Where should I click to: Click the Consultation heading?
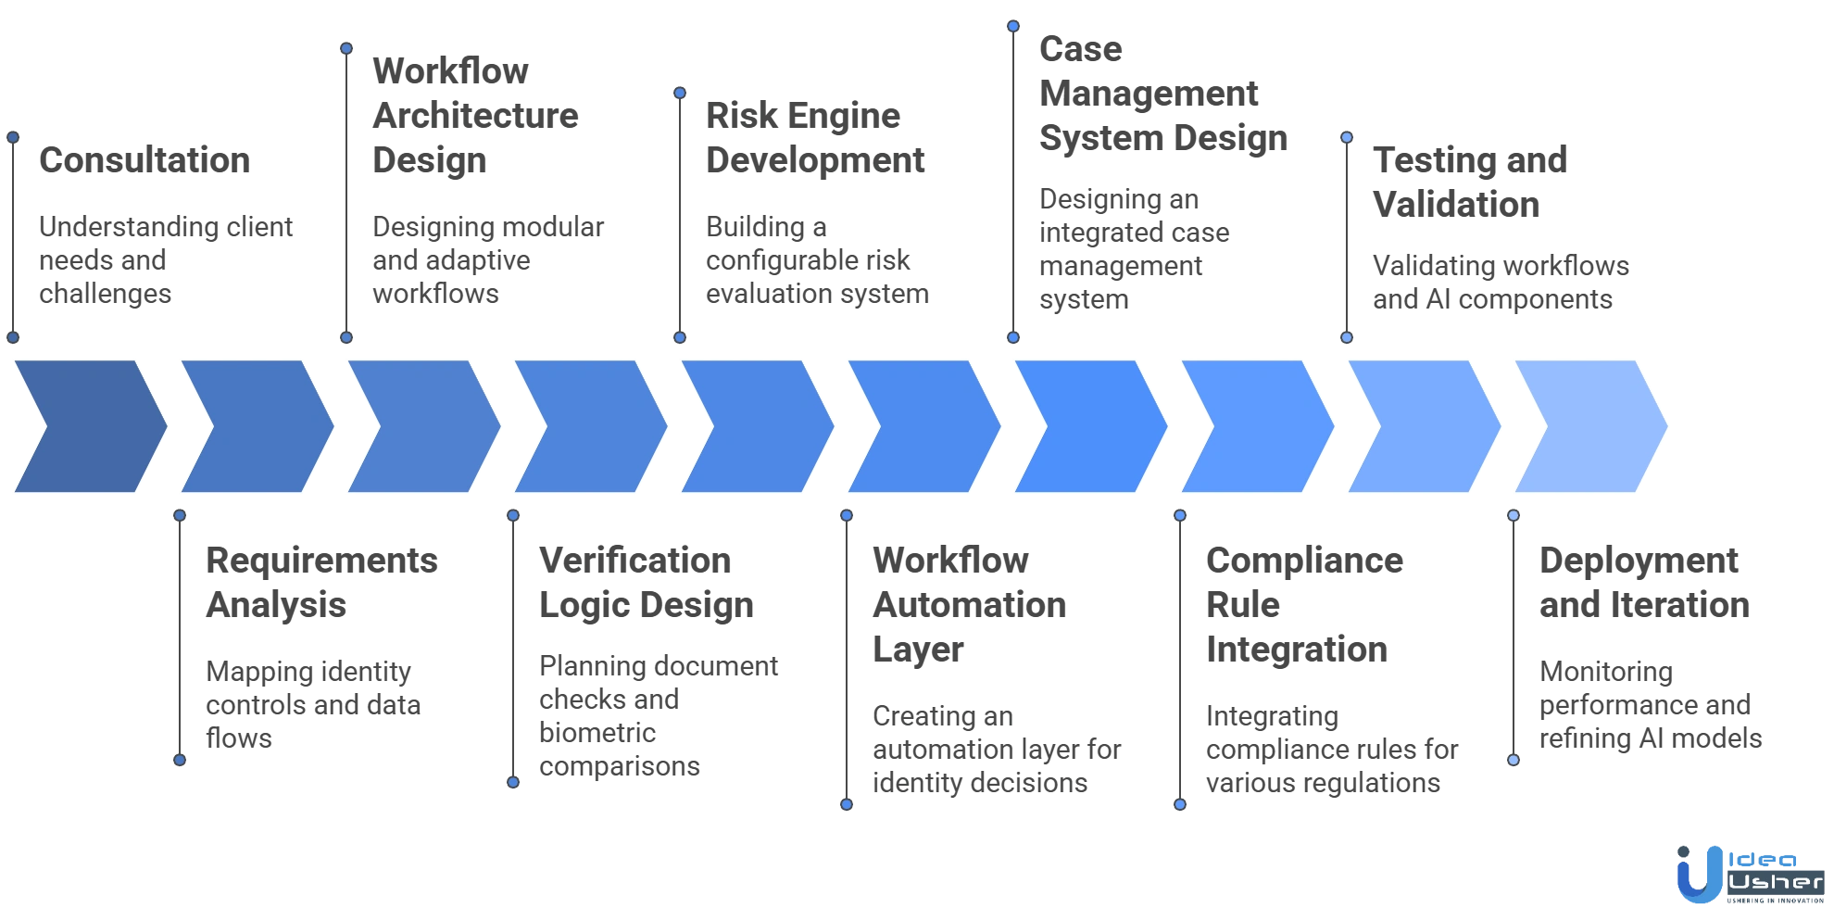144,161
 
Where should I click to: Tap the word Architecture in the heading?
477,118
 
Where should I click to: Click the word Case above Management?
1081,51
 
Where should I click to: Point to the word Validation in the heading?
1456,206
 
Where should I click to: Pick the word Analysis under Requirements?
276,606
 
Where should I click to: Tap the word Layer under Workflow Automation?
919,650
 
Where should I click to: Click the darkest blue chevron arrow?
90,426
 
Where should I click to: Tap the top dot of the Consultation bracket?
13,137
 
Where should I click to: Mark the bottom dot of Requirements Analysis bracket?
180,760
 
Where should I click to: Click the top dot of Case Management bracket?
1013,26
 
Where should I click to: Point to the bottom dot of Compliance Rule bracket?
1180,804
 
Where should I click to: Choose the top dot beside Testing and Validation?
1347,137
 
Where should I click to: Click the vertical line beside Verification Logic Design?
513,649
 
